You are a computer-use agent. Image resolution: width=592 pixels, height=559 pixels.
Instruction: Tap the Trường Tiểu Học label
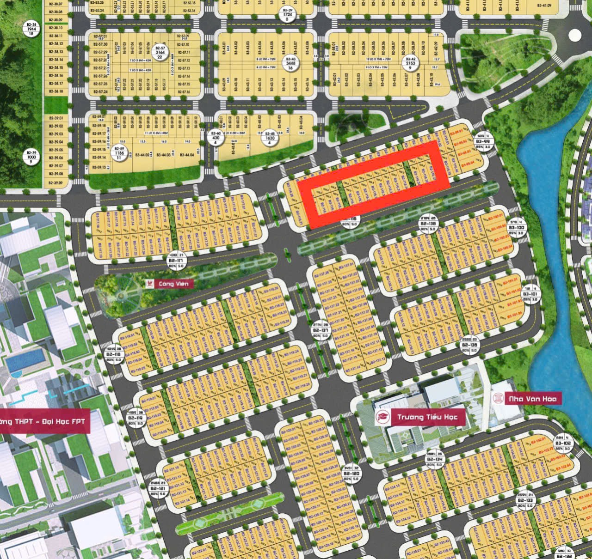(x=427, y=417)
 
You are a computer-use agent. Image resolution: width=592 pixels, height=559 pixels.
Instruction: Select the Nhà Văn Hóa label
(x=533, y=399)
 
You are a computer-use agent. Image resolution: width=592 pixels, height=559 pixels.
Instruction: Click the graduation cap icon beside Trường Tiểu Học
(x=382, y=417)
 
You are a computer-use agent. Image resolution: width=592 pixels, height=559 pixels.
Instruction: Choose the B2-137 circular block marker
(x=321, y=331)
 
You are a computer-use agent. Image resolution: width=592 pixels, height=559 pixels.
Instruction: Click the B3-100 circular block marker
(x=517, y=227)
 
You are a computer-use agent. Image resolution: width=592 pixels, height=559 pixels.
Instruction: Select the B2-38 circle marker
(x=31, y=29)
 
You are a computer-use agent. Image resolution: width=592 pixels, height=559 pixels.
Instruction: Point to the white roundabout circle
(x=574, y=35)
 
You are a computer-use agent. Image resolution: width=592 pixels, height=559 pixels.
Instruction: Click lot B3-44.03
(x=162, y=155)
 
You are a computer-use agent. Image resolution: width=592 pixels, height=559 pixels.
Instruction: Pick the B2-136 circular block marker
(x=469, y=345)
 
